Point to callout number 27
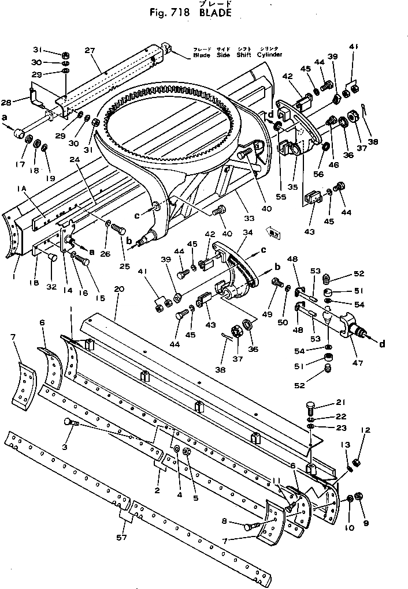[x=89, y=50]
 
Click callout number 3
[x=65, y=446]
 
